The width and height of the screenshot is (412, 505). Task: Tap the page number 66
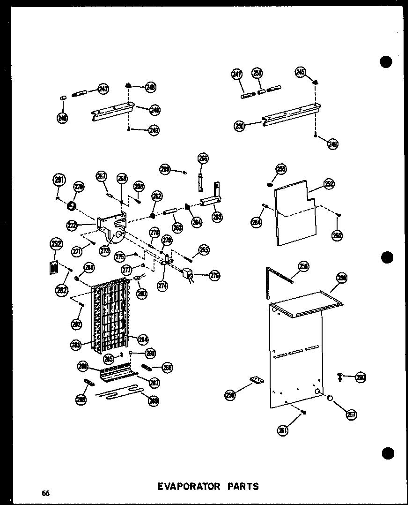[45, 493]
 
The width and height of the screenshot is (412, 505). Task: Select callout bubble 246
[62, 118]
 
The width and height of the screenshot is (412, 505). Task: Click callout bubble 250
[239, 126]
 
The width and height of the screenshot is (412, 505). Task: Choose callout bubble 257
[351, 414]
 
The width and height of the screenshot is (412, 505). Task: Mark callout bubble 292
[56, 244]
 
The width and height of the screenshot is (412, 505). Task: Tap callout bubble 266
[203, 158]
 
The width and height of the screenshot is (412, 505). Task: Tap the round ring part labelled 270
[72, 204]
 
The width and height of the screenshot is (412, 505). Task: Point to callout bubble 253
[281, 169]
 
